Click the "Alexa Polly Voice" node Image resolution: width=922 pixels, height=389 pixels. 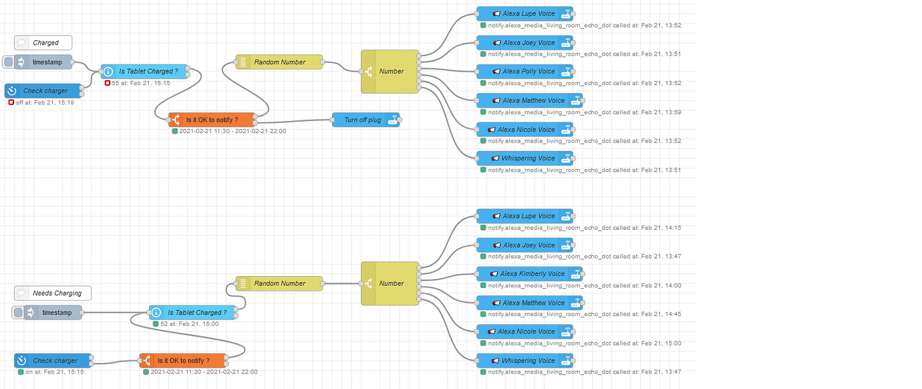[x=524, y=72]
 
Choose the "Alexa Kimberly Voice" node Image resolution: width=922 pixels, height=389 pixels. [x=530, y=274]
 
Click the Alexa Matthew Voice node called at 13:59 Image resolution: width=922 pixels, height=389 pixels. [x=529, y=101]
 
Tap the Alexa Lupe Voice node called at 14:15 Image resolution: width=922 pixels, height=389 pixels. [x=524, y=217]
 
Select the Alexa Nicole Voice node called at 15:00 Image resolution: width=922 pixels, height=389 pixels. [x=524, y=332]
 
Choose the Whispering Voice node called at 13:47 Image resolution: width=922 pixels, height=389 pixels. [x=524, y=361]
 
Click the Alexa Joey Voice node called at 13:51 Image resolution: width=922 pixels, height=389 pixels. [x=524, y=43]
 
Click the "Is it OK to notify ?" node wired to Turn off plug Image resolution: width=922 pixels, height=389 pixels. [x=211, y=120]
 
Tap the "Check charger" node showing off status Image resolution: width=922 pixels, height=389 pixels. [x=45, y=91]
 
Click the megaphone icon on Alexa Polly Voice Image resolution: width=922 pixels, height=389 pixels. [x=496, y=72]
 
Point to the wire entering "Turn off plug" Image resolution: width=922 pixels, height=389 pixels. [x=294, y=121]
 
